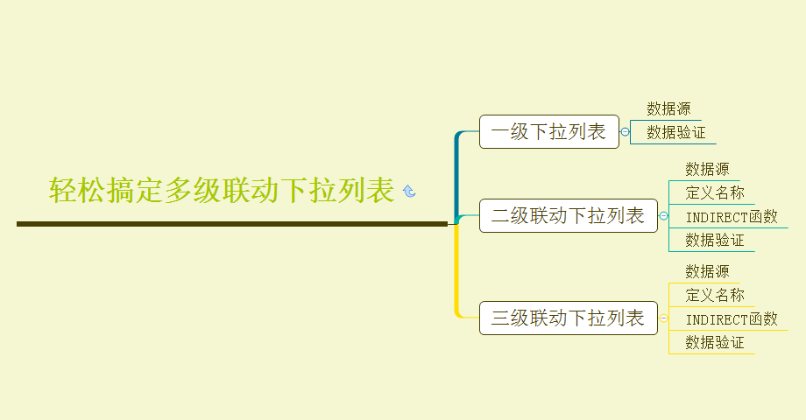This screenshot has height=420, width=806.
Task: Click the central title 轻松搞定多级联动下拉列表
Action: pos(222,190)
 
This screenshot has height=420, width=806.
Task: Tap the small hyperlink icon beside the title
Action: pos(408,191)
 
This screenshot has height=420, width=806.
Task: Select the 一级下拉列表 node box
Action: pos(548,132)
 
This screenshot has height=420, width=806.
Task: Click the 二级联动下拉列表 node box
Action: pos(568,215)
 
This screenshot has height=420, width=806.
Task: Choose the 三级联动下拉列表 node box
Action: pos(568,317)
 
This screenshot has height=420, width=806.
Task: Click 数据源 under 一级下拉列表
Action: pos(668,109)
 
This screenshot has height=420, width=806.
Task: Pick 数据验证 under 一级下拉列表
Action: pos(675,132)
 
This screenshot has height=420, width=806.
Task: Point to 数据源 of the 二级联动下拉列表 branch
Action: pos(707,170)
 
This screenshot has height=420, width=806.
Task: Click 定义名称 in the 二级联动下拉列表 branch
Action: pos(715,192)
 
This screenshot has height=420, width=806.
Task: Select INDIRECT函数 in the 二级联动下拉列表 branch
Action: pos(732,217)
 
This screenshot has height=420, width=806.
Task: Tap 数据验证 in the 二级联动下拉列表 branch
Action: pos(715,240)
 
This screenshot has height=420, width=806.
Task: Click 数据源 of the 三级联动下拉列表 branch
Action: pos(707,272)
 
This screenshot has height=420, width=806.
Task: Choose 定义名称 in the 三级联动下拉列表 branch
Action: pos(715,295)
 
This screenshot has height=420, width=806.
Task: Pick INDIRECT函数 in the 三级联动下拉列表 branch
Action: pos(732,319)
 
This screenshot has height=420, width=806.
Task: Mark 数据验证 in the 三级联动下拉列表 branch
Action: pos(715,342)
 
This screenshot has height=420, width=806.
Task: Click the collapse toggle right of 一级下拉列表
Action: pos(625,132)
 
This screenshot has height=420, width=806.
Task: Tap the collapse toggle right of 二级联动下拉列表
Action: pos(663,215)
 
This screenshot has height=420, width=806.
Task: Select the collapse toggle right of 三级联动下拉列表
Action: pos(663,318)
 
